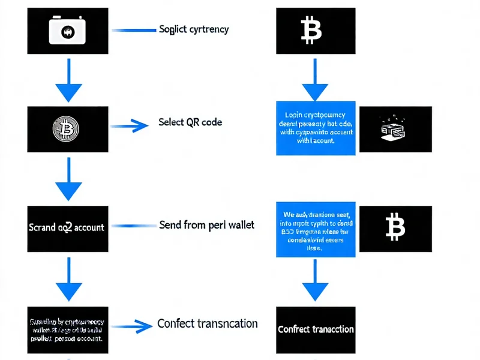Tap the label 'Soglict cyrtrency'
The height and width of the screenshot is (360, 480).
(194, 29)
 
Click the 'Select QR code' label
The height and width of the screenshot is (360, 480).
(190, 122)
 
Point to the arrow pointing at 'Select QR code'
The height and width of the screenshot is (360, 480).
(130, 125)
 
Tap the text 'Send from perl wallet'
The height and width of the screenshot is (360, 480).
(206, 224)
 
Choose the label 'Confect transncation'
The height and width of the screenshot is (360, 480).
(208, 323)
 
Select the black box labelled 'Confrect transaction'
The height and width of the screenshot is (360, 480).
(316, 329)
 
